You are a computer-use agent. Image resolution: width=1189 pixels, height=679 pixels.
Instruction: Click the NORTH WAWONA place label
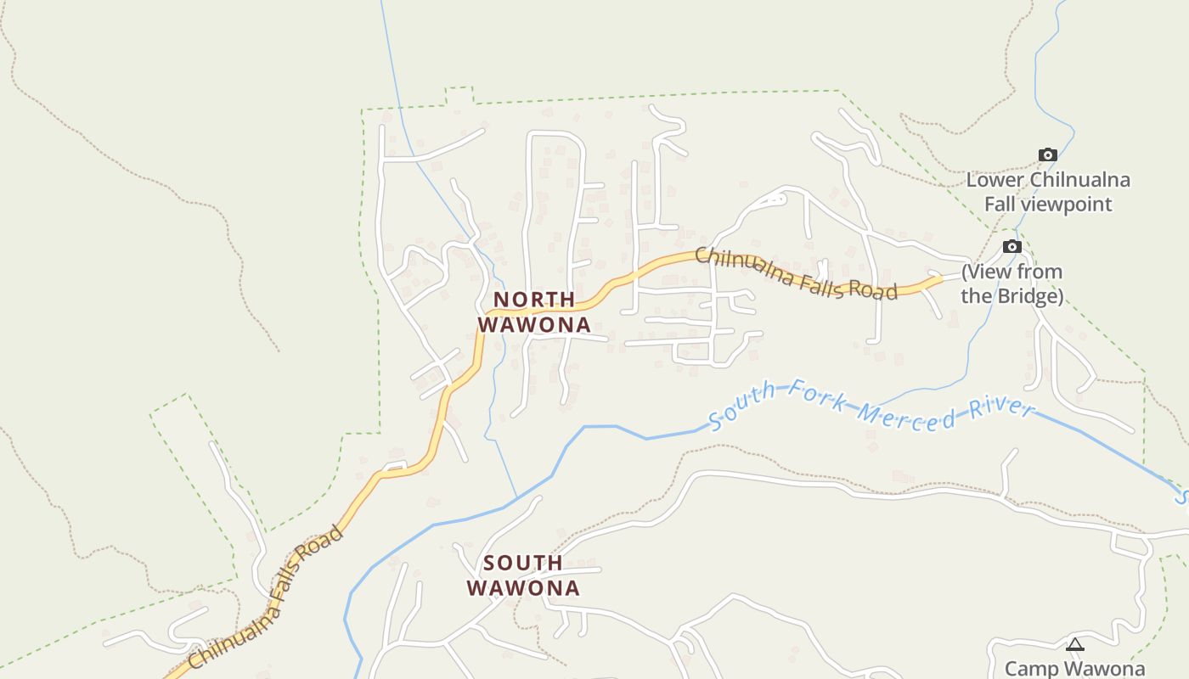click(534, 312)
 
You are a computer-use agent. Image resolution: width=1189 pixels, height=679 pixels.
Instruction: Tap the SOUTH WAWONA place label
click(523, 575)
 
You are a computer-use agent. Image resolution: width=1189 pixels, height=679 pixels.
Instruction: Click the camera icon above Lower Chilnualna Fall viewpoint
click(1048, 154)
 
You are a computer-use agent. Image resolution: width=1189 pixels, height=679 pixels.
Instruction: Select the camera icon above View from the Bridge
click(1011, 246)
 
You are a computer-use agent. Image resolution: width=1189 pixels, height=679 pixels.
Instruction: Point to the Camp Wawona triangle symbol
click(1075, 645)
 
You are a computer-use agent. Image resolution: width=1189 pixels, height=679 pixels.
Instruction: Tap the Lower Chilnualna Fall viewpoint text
click(1048, 192)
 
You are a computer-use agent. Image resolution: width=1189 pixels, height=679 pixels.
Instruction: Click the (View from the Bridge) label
click(1012, 284)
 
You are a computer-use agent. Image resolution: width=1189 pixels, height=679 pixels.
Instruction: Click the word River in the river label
click(1006, 407)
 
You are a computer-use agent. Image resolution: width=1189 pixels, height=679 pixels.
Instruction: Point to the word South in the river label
click(741, 404)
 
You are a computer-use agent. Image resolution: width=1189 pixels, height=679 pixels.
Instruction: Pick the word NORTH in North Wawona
click(534, 300)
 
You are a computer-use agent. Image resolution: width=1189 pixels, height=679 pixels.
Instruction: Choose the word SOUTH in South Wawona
click(523, 563)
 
